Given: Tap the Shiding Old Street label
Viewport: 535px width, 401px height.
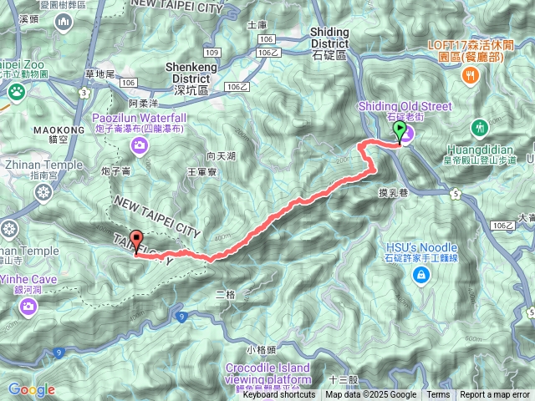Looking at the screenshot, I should coord(405,106).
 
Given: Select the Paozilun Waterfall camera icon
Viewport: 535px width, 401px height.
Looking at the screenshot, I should coord(139,148).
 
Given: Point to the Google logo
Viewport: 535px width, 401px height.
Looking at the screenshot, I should coord(32,389).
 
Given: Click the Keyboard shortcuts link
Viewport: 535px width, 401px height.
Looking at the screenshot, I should coord(279,395).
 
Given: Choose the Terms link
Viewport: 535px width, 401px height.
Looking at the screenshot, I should coord(438,395).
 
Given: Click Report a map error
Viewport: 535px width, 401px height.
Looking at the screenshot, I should coord(495,395).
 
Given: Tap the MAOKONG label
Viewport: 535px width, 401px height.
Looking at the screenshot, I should coord(59,130).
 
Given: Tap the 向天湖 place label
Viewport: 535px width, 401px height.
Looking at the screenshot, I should coord(221,156).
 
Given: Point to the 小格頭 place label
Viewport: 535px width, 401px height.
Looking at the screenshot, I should coord(261,348).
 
